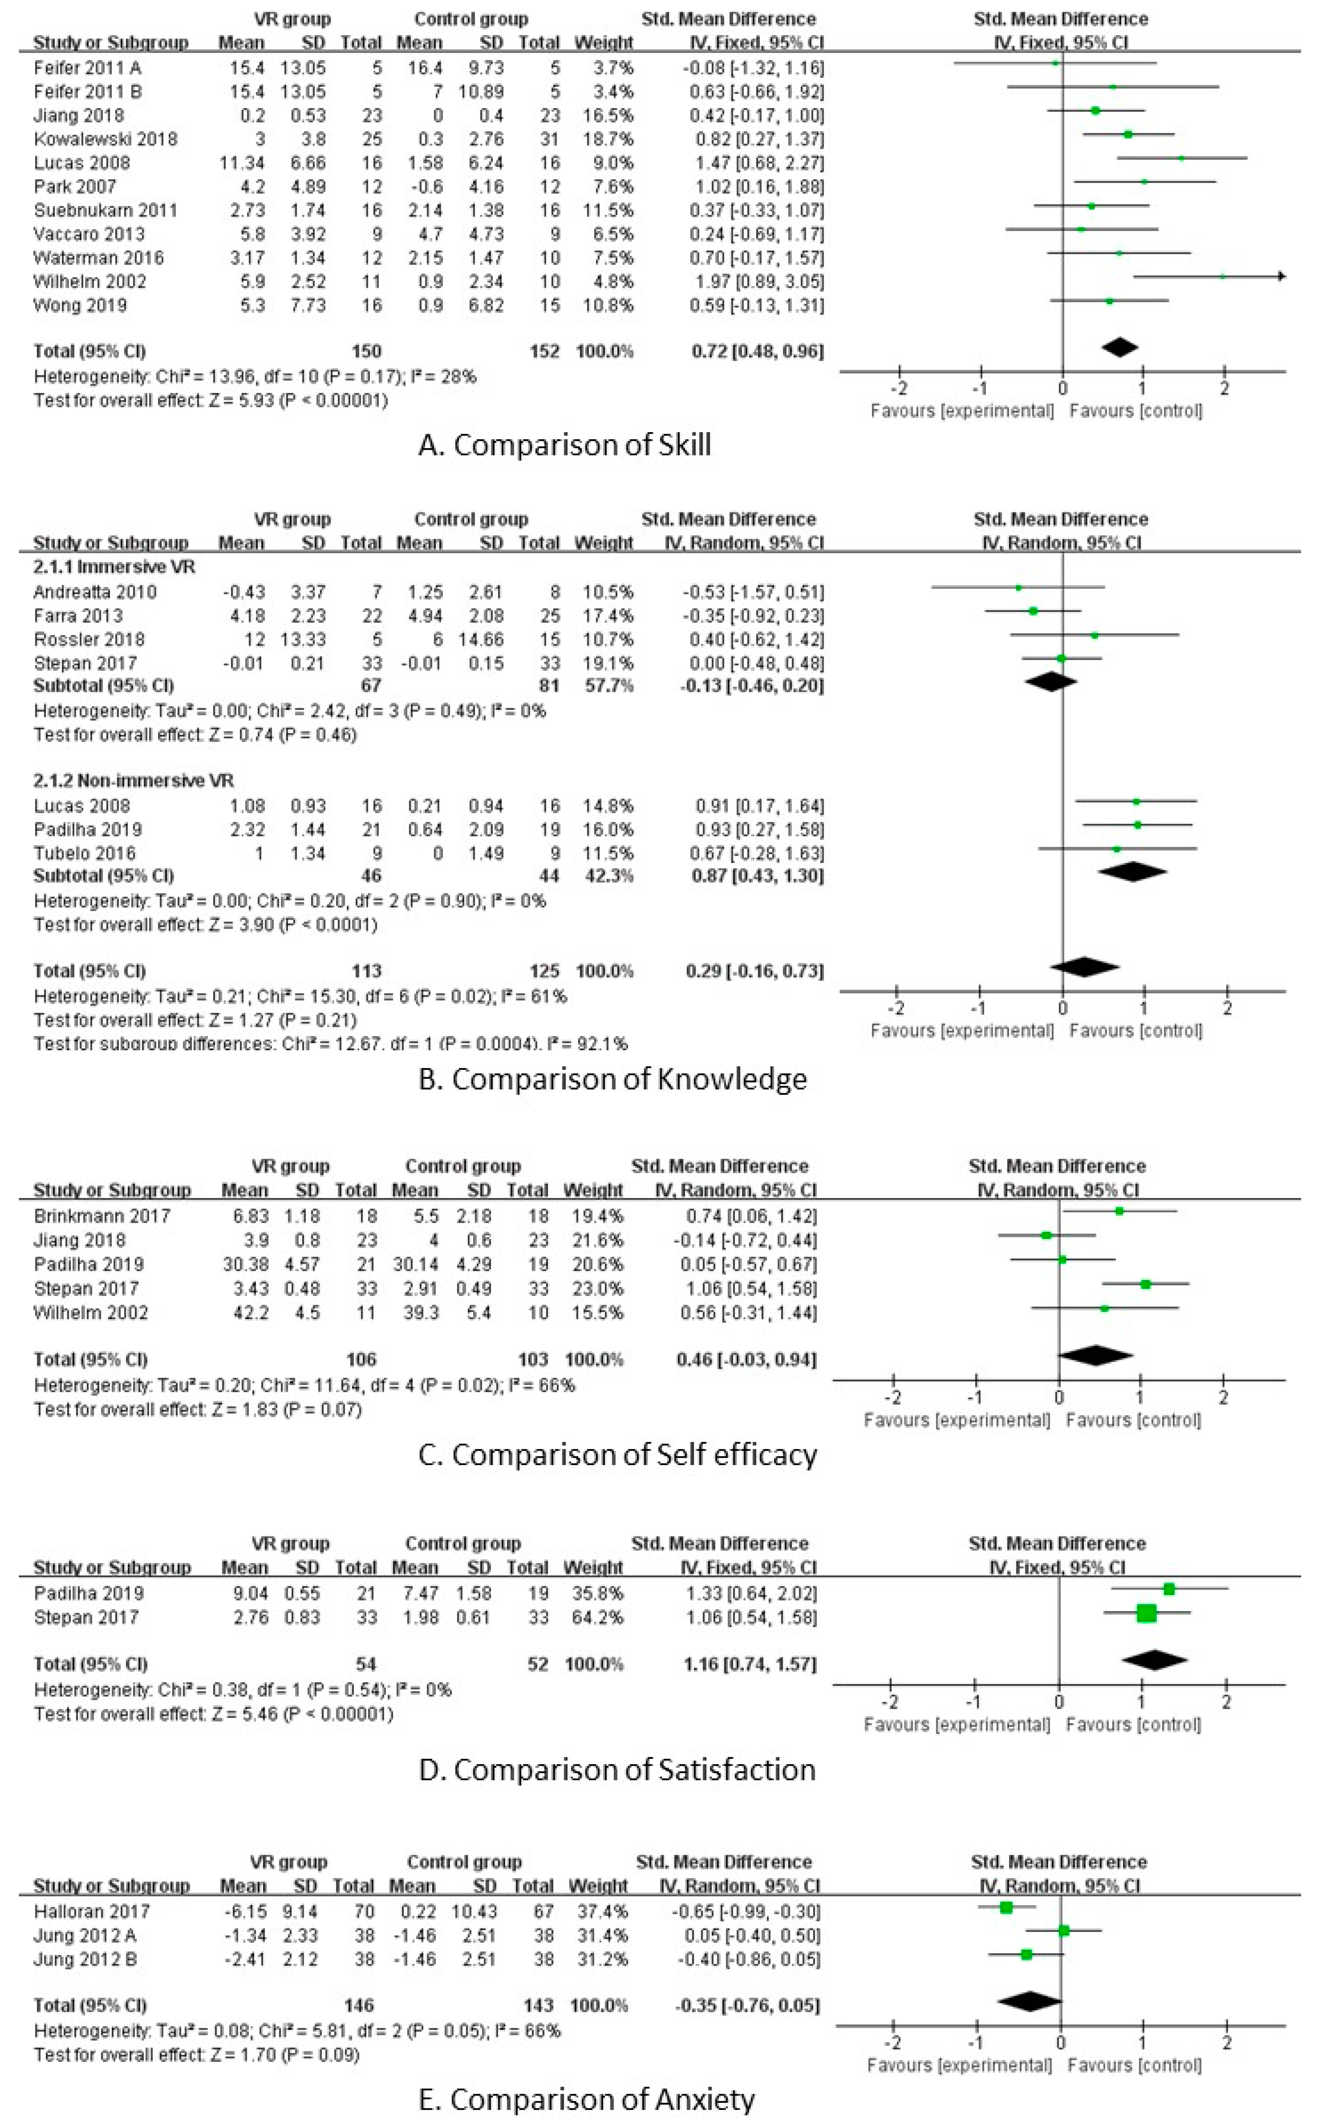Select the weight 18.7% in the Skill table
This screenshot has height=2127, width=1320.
click(605, 139)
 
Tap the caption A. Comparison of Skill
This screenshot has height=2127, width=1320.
click(565, 445)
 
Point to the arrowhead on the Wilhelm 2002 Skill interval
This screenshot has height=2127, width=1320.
click(1281, 277)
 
